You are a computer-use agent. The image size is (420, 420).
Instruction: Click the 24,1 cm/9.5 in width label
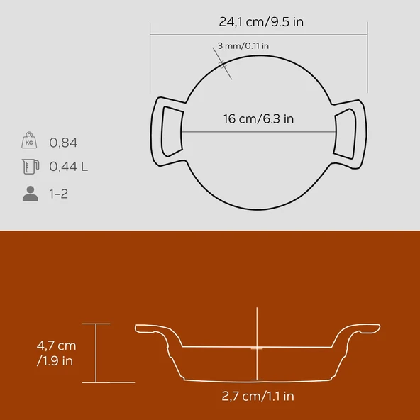point(261,22)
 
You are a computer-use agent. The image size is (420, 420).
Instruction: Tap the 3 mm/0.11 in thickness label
point(243,46)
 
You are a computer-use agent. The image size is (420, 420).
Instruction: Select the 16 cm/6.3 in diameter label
point(258,118)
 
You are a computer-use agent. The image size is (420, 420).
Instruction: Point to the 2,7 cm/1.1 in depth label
point(258,396)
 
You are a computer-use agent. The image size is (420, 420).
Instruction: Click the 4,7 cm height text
point(57,346)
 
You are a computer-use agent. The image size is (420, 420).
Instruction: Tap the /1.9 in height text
point(55,361)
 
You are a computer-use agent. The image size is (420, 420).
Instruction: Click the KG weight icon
point(29,140)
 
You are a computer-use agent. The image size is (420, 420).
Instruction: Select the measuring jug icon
point(31,167)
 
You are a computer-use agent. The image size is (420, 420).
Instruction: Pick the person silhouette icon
point(31,194)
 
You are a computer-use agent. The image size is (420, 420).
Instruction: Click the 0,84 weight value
point(63,143)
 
